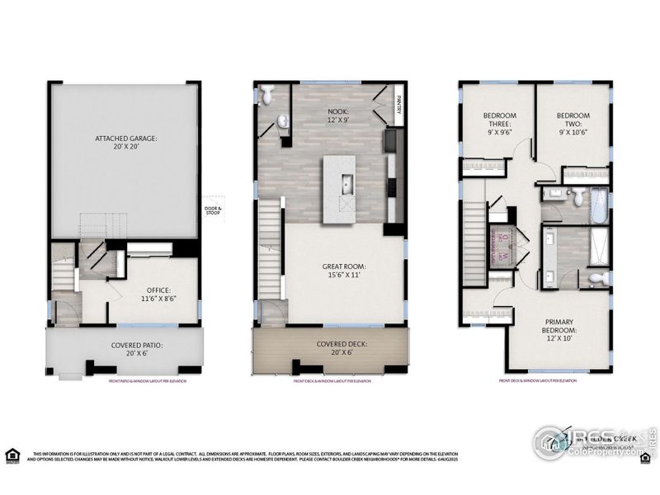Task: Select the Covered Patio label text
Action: [x=125, y=350]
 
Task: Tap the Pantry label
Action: [x=398, y=106]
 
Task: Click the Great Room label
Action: [x=343, y=271]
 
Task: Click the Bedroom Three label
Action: [x=499, y=123]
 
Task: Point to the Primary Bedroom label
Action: [x=559, y=326]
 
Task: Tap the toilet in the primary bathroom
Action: [x=600, y=277]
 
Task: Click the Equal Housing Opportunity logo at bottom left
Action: [x=12, y=455]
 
